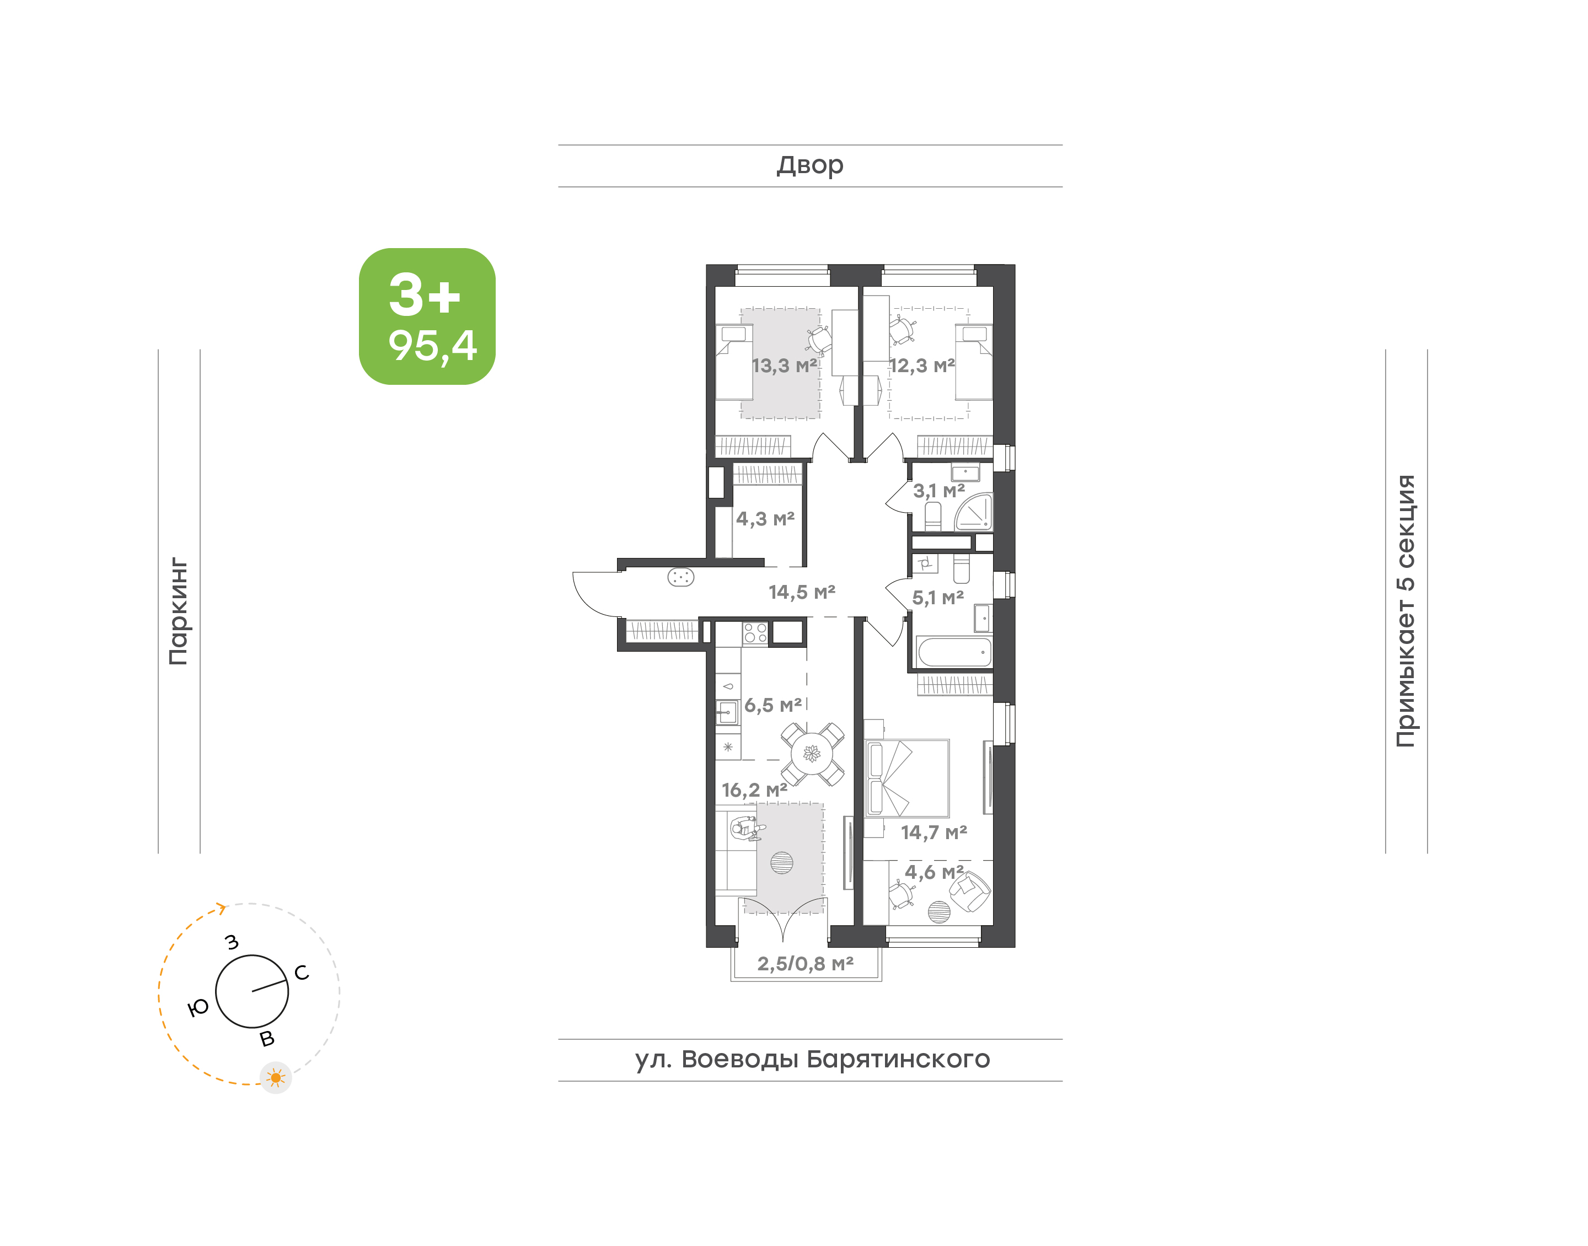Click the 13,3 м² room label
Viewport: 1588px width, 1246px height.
click(x=784, y=366)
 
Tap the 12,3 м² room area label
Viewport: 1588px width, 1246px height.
click(x=922, y=366)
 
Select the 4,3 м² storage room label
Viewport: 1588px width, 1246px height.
click(x=765, y=519)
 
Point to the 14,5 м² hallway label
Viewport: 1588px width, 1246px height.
click(x=802, y=592)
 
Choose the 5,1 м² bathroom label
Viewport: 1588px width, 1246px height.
click(x=938, y=598)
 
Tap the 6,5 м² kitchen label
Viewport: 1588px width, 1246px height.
click(x=773, y=706)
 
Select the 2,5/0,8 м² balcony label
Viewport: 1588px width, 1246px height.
click(x=806, y=964)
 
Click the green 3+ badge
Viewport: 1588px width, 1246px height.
click(x=427, y=316)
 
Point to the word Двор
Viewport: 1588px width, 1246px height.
click(x=809, y=165)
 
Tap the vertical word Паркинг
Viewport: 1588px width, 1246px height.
click(x=179, y=611)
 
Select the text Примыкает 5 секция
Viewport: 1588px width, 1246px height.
click(x=1405, y=611)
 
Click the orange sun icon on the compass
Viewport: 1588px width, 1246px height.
click(x=276, y=1077)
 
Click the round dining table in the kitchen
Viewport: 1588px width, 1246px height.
click(x=812, y=754)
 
